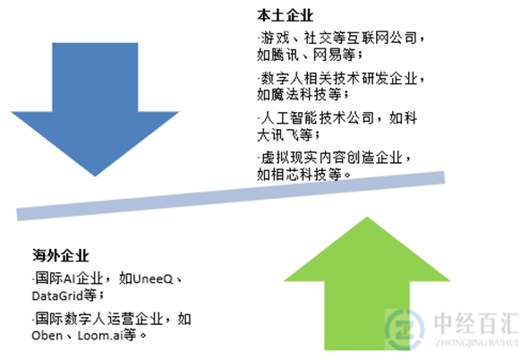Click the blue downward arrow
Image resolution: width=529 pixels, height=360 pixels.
(x=95, y=101)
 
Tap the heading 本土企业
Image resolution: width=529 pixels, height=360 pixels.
(x=285, y=15)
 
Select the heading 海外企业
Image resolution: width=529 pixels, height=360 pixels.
(x=61, y=255)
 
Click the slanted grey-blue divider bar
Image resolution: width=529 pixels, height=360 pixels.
(x=231, y=196)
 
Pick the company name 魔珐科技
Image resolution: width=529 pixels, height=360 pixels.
(x=299, y=94)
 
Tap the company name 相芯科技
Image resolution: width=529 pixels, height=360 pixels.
(x=299, y=174)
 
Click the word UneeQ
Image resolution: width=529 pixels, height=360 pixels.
(x=153, y=279)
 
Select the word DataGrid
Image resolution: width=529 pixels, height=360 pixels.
(x=57, y=296)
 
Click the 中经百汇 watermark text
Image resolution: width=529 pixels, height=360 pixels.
(x=476, y=323)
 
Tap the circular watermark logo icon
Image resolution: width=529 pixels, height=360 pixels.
(x=405, y=329)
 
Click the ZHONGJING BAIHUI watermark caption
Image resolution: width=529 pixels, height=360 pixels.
(x=476, y=343)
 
